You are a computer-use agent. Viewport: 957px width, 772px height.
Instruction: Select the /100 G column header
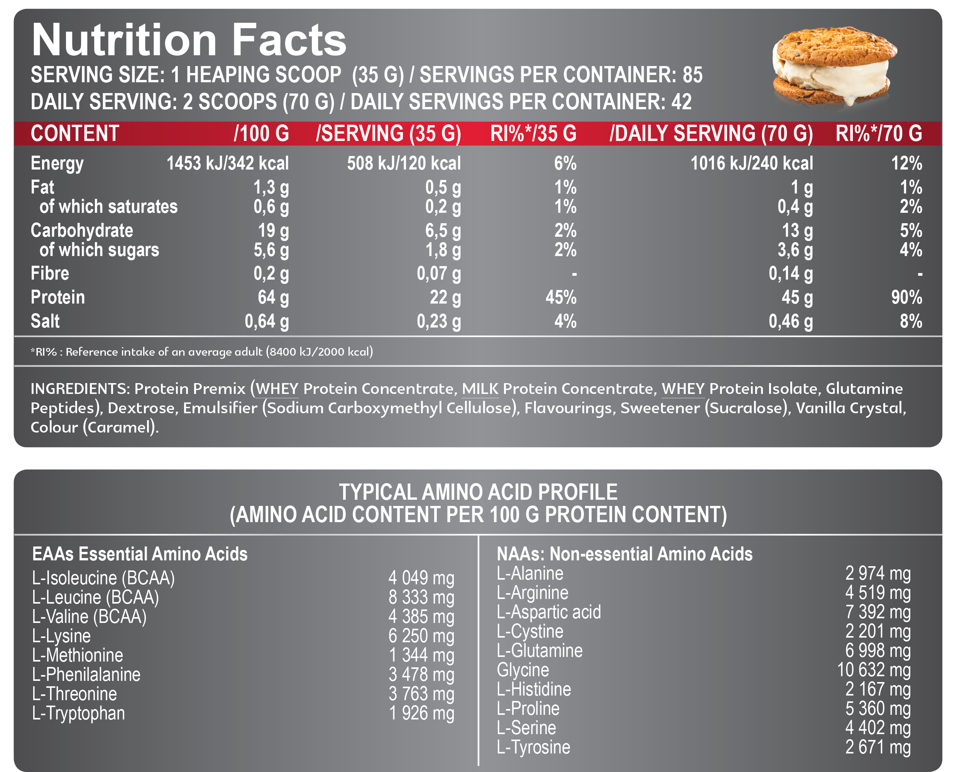[x=261, y=133]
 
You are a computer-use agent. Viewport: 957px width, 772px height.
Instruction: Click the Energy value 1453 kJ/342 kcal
[x=227, y=163]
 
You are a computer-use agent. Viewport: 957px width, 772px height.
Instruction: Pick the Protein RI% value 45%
[x=561, y=297]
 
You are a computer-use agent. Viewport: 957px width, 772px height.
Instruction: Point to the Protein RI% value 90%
[x=906, y=297]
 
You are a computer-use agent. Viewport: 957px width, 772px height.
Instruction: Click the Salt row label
[x=45, y=321]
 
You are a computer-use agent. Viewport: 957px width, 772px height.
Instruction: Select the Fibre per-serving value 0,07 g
[x=438, y=273]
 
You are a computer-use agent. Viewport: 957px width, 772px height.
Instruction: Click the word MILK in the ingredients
[x=480, y=389]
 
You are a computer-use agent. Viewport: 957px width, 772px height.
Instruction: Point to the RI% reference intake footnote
[x=202, y=352]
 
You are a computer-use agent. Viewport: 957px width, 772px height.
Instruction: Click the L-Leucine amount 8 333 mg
[x=421, y=597]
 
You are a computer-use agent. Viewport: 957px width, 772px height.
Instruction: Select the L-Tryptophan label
[x=79, y=713]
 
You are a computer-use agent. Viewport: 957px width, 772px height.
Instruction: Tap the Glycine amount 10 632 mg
[x=874, y=670]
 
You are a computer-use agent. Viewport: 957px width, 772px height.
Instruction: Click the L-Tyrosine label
[x=533, y=747]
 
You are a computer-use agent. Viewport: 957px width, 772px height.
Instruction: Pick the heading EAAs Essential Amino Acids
[x=140, y=554]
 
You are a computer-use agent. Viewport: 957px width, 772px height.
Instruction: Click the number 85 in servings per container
[x=692, y=75]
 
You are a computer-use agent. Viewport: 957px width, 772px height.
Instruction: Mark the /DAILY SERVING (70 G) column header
[x=711, y=133]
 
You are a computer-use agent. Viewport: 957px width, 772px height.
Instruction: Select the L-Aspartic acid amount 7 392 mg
[x=878, y=612]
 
